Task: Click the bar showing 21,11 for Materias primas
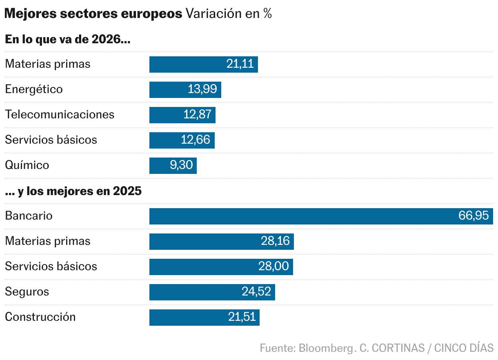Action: pos(203,64)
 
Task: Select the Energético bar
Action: pos(185,90)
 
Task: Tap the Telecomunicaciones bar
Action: pos(182,115)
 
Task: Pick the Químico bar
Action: pos(173,166)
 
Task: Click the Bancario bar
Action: pos(321,216)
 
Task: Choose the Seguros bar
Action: pos(212,292)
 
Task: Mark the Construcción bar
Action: pos(204,318)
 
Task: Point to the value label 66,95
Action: pos(474,216)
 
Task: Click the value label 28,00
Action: pos(273,267)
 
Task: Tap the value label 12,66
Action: pos(196,140)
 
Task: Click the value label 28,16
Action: pos(275,241)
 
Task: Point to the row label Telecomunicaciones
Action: pos(60,114)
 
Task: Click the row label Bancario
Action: pos(29,216)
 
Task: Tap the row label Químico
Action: pos(27,165)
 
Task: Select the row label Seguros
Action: pos(27,292)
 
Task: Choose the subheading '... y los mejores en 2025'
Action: pos(73,191)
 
